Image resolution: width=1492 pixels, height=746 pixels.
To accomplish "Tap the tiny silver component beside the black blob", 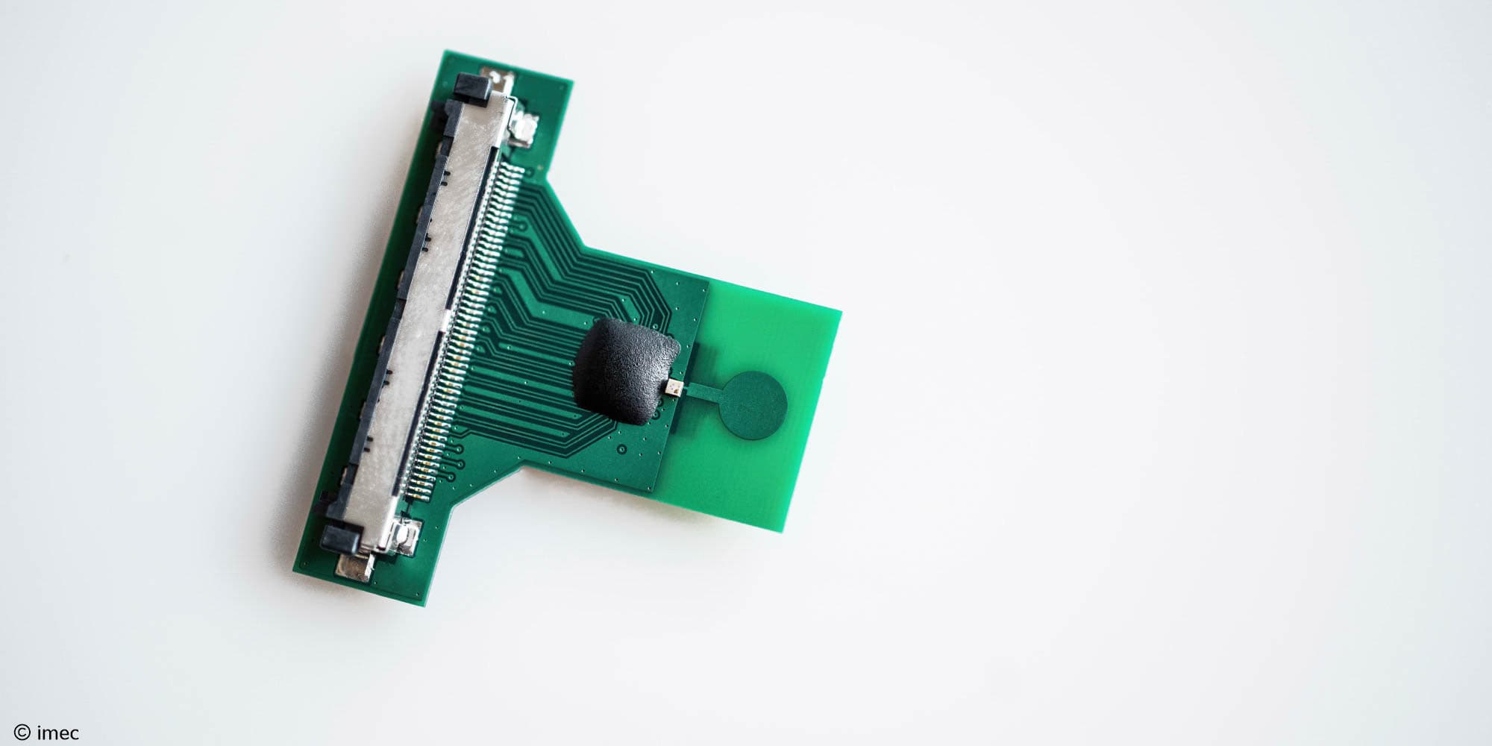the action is click(x=676, y=387).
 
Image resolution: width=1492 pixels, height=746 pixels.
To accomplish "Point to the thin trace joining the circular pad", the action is click(x=704, y=388).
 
